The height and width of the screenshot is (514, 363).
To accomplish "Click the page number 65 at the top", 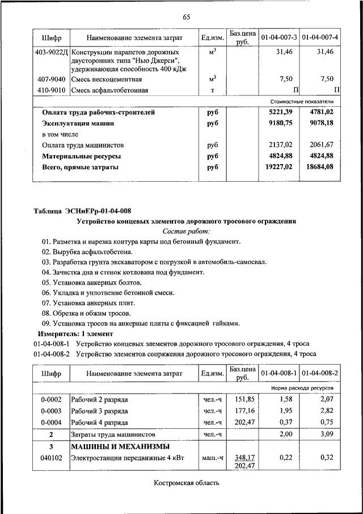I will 186,17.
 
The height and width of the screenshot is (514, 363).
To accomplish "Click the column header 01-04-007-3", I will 279,37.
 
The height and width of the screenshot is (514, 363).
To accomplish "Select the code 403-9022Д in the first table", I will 52,52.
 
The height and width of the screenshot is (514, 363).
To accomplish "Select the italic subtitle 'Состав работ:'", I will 186,231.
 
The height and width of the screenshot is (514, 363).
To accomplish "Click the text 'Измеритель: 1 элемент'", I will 75,333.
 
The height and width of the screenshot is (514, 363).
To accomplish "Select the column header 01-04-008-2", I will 320,373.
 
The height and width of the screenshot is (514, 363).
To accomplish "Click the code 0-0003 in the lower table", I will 52,411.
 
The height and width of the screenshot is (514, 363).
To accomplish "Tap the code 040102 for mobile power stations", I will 52,457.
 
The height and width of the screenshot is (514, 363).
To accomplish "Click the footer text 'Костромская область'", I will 186,483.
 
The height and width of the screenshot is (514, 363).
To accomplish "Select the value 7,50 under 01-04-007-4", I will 327,78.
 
